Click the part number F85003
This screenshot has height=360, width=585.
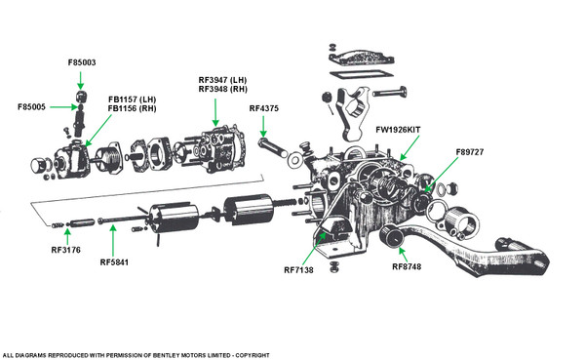coord(82,62)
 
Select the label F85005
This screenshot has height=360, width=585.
coord(31,106)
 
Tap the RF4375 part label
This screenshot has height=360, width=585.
coord(264,108)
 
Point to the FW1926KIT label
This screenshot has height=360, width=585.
coord(398,130)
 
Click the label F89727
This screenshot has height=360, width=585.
coord(470,152)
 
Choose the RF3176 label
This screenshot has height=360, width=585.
coord(65,250)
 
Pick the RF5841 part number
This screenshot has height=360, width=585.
coord(114,262)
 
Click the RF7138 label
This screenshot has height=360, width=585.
coord(298,270)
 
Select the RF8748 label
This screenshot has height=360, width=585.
coord(407,266)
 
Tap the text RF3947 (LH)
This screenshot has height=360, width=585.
coord(222,80)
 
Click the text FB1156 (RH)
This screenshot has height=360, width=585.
coord(132,108)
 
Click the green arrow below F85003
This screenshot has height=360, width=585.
coord(81,80)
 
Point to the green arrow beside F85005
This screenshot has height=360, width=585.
coord(63,107)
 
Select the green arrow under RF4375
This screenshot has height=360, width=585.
coord(263,127)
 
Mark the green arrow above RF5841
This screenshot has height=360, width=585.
coord(113,241)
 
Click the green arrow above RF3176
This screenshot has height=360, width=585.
coord(67,237)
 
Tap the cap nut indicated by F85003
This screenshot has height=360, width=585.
coord(81,96)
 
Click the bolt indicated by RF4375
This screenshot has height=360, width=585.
coord(273,147)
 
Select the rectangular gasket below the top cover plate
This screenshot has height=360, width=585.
coord(361,74)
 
